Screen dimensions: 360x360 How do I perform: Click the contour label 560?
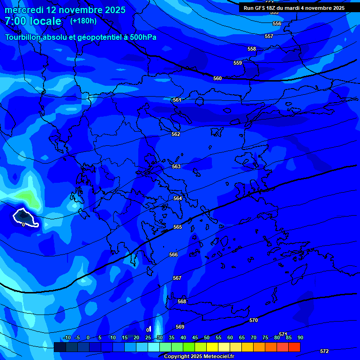point(217,78)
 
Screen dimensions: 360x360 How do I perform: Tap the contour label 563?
point(176,166)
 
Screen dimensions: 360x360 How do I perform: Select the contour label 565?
point(178,227)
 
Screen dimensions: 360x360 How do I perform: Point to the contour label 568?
point(182,301)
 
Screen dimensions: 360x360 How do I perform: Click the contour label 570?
point(254,320)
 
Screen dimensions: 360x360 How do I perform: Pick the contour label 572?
point(324,351)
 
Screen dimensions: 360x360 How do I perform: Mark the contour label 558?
point(252,49)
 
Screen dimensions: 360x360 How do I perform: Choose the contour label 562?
point(176,134)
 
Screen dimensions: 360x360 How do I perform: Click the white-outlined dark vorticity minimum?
point(25,217)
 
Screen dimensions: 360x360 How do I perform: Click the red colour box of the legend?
point(294,347)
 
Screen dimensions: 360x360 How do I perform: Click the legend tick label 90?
point(300,337)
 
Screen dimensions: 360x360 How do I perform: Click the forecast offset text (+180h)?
point(83,21)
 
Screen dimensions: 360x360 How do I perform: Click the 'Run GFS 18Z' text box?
point(294,8)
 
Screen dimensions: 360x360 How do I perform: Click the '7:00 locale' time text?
point(33,21)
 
